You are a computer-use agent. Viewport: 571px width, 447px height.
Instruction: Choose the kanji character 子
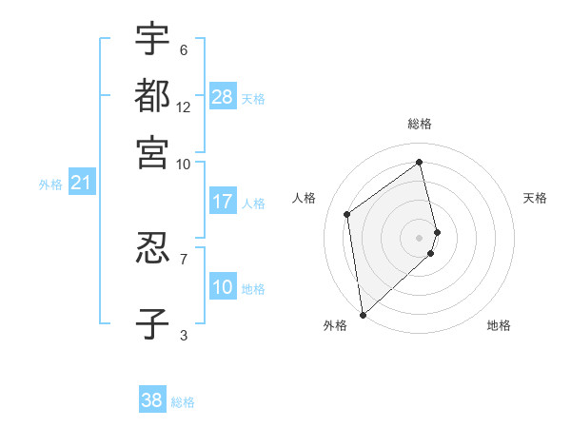[152, 323]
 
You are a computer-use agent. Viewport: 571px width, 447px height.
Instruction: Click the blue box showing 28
[223, 97]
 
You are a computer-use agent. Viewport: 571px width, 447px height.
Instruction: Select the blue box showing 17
[223, 202]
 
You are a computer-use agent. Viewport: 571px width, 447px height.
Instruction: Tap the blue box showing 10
[223, 287]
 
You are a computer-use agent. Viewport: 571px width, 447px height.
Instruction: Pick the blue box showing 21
[80, 183]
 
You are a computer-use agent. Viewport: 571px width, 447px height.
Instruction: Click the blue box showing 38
[152, 400]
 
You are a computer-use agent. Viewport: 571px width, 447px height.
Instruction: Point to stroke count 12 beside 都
[183, 107]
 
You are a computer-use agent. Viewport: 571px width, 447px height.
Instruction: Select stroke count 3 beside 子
[183, 335]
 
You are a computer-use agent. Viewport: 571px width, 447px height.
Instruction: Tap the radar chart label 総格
[420, 124]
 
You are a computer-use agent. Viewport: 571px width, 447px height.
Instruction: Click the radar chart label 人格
[305, 198]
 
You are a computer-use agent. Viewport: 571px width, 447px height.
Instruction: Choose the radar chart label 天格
[535, 198]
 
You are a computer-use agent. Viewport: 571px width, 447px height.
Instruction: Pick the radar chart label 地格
[499, 326]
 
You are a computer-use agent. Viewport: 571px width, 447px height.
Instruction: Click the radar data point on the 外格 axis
[363, 314]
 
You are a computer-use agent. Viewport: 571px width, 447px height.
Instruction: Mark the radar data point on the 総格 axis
[420, 162]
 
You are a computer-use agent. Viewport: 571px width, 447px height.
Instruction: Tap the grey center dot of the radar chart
[420, 237]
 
